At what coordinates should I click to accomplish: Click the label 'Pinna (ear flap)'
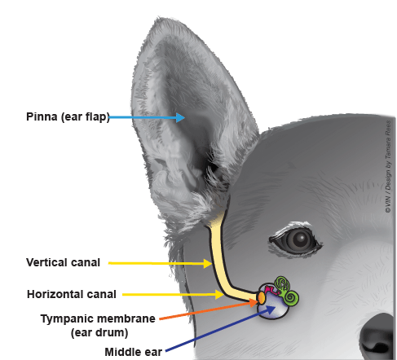[x=68, y=117]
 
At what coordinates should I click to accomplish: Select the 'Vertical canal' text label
[x=63, y=262]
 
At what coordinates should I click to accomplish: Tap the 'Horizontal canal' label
[x=72, y=294]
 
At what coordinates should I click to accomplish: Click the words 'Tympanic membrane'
[x=98, y=318]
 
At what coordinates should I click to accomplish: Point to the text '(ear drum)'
[x=99, y=332]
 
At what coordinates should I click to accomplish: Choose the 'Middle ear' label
[x=134, y=352]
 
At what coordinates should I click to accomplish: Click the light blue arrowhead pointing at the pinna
[x=180, y=117]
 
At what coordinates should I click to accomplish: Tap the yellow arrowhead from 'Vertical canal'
[x=208, y=263]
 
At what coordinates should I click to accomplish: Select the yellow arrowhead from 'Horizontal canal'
[x=219, y=294]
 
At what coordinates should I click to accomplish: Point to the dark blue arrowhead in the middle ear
[x=270, y=310]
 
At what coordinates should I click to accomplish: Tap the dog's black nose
[x=377, y=336]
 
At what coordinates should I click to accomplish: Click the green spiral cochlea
[x=291, y=298]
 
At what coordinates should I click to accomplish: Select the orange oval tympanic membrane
[x=262, y=298]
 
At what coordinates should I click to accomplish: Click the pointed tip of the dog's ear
[x=157, y=18]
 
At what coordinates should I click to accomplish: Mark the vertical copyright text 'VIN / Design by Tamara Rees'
[x=388, y=166]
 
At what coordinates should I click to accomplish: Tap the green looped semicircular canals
[x=282, y=283]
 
